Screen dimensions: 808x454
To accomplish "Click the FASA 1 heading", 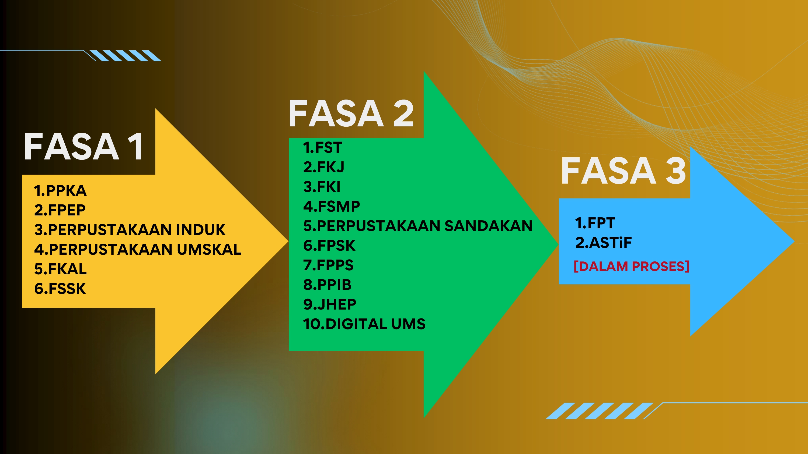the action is [84, 146].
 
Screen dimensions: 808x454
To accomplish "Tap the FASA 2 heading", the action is [351, 113].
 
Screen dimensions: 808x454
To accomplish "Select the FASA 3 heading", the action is [623, 171].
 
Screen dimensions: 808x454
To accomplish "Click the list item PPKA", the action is [60, 190].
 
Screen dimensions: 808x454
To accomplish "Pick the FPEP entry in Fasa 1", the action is [60, 210].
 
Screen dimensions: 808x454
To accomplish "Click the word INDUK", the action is [201, 230].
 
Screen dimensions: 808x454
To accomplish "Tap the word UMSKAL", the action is [209, 249].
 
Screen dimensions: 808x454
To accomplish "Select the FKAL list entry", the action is [61, 269].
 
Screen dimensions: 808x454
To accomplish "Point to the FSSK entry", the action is [60, 289].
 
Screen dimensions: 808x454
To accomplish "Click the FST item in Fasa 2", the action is [322, 148].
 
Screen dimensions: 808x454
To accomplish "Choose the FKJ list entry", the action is [324, 167].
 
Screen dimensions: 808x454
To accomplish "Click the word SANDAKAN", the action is [488, 226].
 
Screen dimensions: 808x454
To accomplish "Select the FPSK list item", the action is [329, 245].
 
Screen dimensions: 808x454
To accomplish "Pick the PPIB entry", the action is [328, 285].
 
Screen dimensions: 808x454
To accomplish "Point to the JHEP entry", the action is [330, 304].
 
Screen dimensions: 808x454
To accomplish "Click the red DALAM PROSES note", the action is [631, 266].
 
